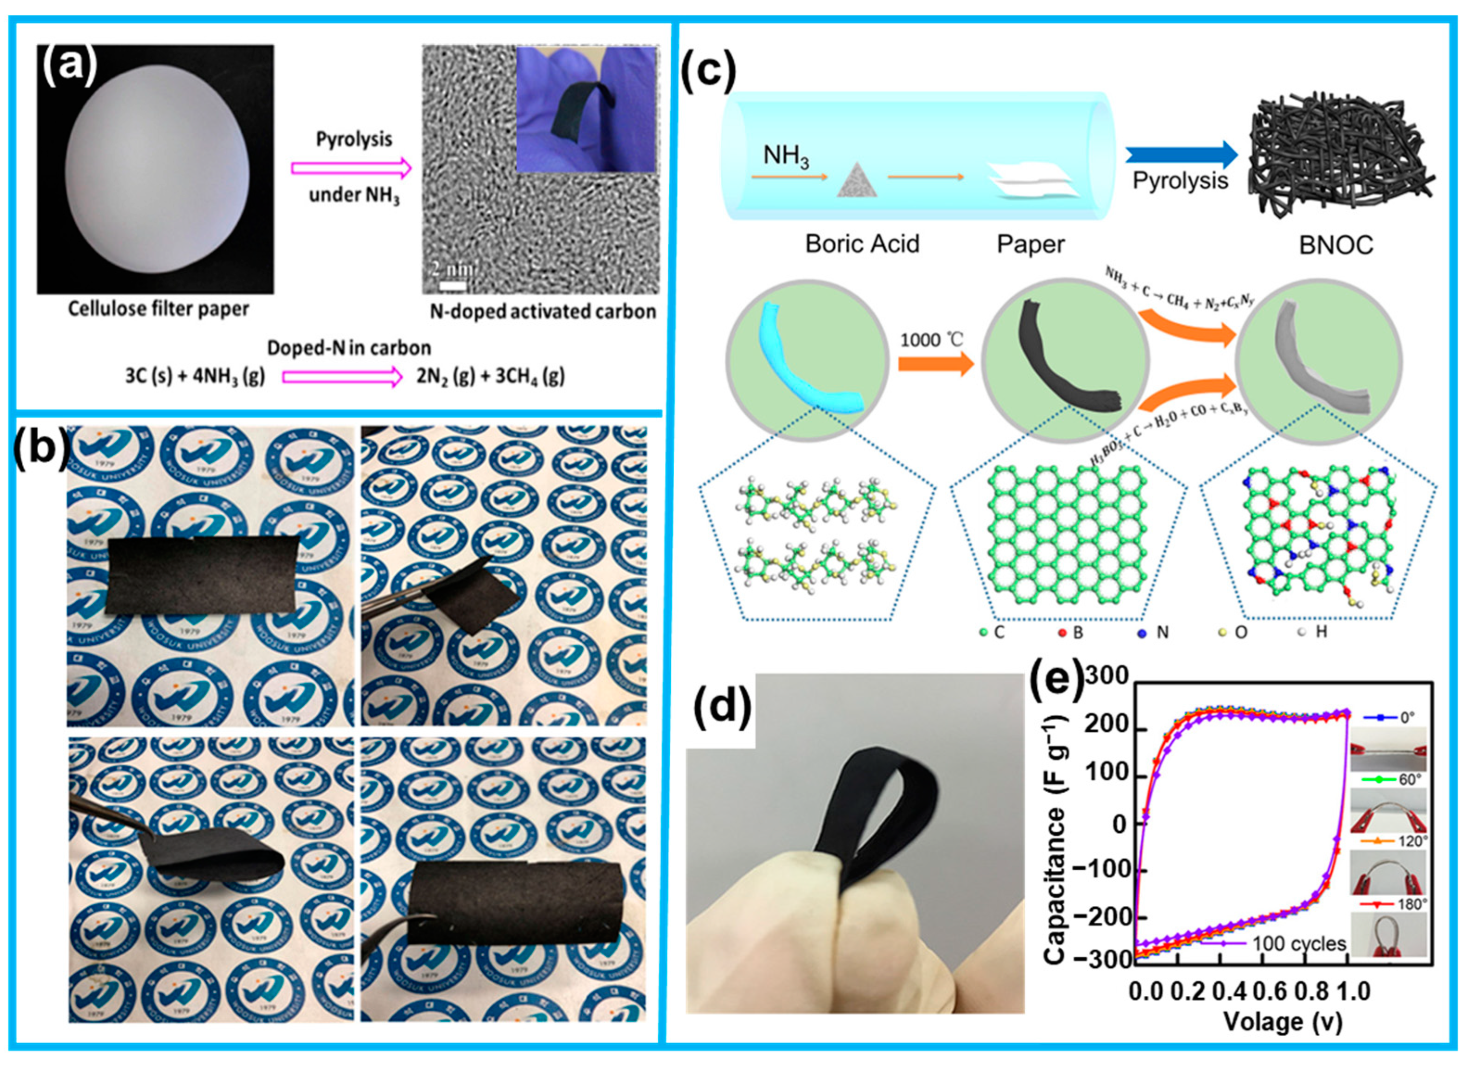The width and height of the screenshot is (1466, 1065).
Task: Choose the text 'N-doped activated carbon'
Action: tap(543, 312)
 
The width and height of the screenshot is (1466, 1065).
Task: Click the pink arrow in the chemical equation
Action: tap(342, 377)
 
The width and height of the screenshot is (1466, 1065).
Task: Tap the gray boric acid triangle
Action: tap(857, 180)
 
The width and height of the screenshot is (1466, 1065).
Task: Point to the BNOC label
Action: tap(1336, 246)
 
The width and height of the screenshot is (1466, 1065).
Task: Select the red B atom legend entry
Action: tap(1070, 632)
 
